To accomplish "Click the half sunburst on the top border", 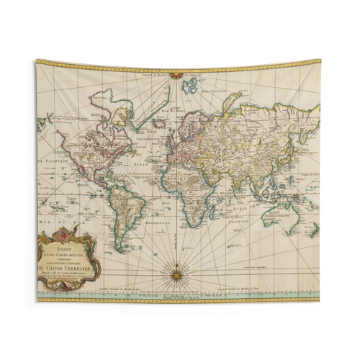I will (174, 72).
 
